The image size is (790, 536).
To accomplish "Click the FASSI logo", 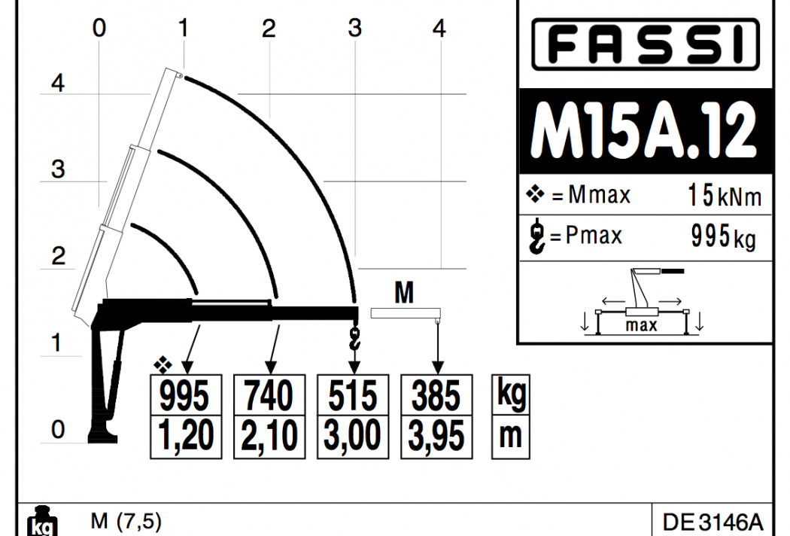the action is [x=646, y=44].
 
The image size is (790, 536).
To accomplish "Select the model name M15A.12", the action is [x=643, y=131].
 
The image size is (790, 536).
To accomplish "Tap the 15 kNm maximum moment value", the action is [x=725, y=196].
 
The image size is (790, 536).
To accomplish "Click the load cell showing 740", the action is [x=269, y=395].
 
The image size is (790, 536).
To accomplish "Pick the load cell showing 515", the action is [x=353, y=395].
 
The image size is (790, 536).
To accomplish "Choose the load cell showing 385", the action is [x=436, y=395].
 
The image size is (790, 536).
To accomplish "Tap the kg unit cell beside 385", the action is [x=511, y=394].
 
